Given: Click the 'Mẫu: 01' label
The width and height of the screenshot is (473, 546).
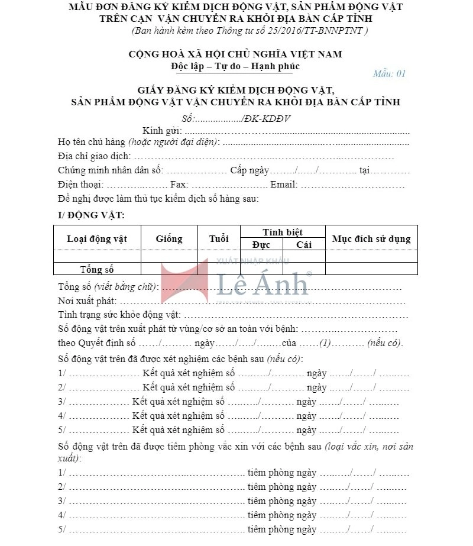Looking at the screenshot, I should click(x=389, y=74).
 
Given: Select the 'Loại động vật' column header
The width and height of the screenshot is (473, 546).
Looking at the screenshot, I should click(x=97, y=239).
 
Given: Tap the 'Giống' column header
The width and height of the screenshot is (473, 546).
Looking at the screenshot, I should click(x=169, y=239).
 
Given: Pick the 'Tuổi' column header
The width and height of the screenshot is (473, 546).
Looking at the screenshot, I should click(x=219, y=239).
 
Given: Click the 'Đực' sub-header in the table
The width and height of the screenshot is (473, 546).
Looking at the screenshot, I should click(x=261, y=245).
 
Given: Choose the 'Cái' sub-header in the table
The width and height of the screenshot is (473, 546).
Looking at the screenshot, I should click(x=304, y=245).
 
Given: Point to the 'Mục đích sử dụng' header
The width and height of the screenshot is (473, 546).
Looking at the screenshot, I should click(x=371, y=239).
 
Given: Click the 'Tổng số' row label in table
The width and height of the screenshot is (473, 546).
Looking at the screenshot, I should click(x=97, y=270).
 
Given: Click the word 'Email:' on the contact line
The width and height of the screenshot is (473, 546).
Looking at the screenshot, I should click(x=284, y=185).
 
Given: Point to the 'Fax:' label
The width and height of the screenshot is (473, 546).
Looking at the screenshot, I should click(x=179, y=185).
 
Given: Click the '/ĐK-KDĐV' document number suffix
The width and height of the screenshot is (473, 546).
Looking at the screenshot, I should click(x=266, y=118).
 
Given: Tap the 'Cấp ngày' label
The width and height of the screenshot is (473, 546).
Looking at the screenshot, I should click(x=250, y=171).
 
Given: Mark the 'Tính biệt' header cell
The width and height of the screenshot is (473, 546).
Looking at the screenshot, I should click(x=283, y=232).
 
